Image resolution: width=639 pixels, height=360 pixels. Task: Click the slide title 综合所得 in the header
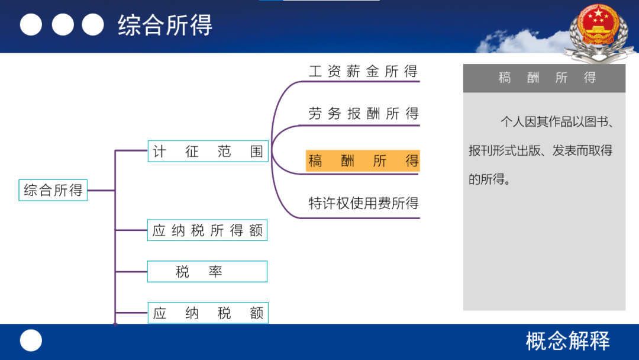click(x=165, y=25)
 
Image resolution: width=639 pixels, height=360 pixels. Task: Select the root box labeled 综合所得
click(x=53, y=190)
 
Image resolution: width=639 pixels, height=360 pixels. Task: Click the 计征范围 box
click(x=208, y=151)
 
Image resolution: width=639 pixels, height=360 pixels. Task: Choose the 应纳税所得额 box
click(x=208, y=230)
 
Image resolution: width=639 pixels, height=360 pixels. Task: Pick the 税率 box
click(x=208, y=272)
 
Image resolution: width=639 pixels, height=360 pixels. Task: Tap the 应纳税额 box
click(x=208, y=313)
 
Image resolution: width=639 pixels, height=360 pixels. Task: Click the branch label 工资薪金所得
click(x=363, y=71)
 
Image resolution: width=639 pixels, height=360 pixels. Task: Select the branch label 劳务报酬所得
click(x=363, y=113)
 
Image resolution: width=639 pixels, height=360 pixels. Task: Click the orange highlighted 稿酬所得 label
click(x=363, y=160)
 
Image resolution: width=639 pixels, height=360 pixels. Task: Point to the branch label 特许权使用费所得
click(x=363, y=203)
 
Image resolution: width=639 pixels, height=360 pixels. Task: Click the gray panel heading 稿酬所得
click(x=547, y=78)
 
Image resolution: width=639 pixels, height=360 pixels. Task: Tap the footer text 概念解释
click(x=567, y=341)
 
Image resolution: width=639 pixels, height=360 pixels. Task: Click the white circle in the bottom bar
click(x=31, y=340)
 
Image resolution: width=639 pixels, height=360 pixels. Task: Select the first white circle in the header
click(x=31, y=24)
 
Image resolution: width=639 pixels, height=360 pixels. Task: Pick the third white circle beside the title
click(x=93, y=24)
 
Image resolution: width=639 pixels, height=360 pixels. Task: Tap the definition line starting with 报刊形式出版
click(x=540, y=150)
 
